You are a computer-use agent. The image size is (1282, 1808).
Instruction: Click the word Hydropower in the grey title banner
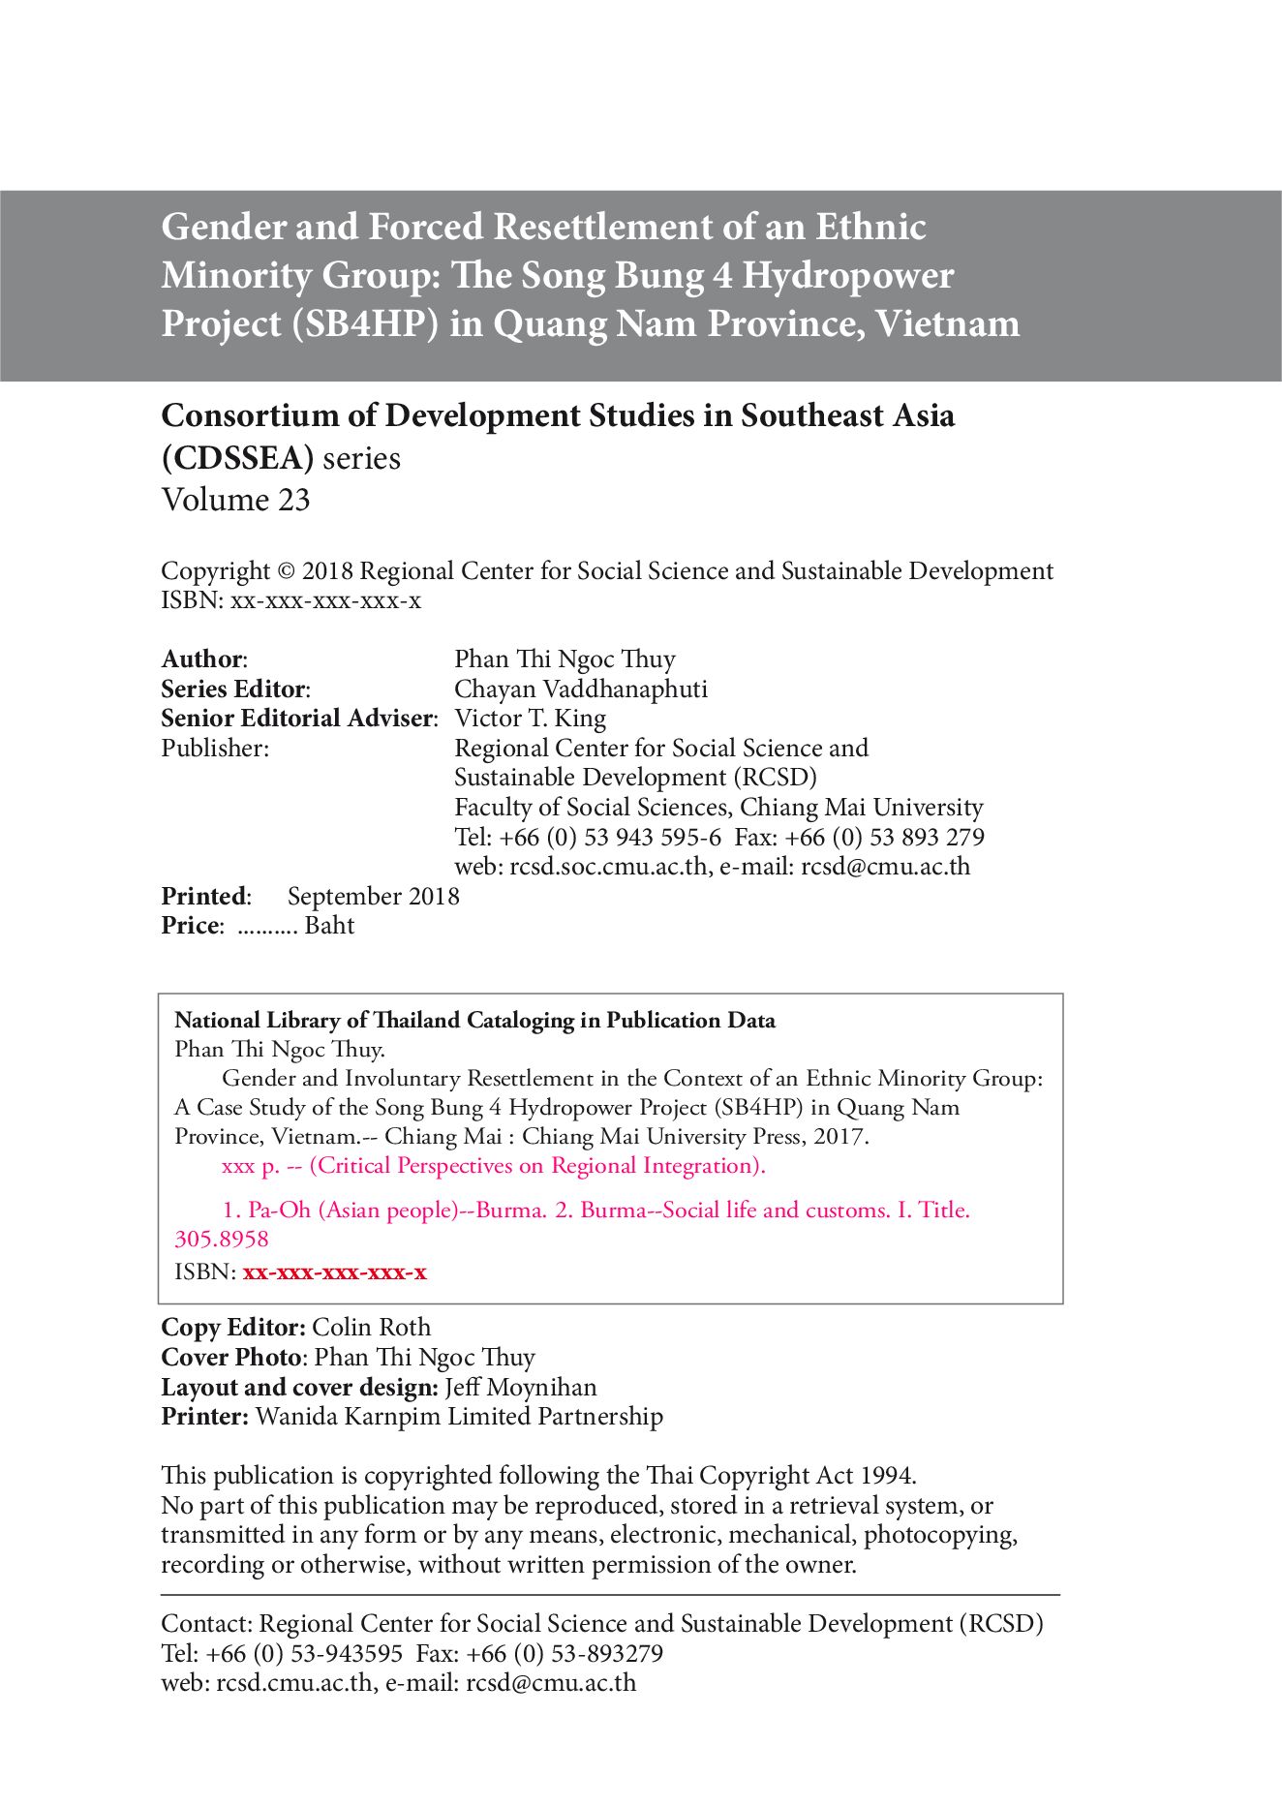tap(847, 276)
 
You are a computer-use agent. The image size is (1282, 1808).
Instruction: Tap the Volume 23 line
tap(235, 500)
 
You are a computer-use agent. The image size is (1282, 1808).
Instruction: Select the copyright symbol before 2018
tap(285, 571)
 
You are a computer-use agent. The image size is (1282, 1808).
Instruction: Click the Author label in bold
tap(202, 659)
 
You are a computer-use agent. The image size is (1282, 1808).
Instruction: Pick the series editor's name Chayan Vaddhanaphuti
tap(581, 689)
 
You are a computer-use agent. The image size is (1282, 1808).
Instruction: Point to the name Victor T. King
tap(531, 719)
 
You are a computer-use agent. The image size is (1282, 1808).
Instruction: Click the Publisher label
tap(214, 749)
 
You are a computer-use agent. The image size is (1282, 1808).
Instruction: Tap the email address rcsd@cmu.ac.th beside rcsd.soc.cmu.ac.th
tap(885, 867)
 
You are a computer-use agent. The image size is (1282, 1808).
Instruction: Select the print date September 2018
tap(373, 897)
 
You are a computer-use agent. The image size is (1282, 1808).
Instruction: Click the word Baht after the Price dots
tap(329, 926)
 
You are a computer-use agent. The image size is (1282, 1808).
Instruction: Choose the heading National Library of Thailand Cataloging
tap(474, 1021)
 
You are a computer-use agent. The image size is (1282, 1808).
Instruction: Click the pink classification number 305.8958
tap(222, 1240)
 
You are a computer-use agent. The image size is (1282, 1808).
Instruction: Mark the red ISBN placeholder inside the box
tap(334, 1272)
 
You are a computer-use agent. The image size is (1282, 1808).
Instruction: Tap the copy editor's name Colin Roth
tap(372, 1328)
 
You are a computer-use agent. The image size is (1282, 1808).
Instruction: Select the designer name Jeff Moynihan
tap(521, 1388)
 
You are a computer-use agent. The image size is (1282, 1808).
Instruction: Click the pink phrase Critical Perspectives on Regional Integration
tap(536, 1166)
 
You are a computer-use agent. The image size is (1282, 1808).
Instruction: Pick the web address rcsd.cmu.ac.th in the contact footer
tap(294, 1682)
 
